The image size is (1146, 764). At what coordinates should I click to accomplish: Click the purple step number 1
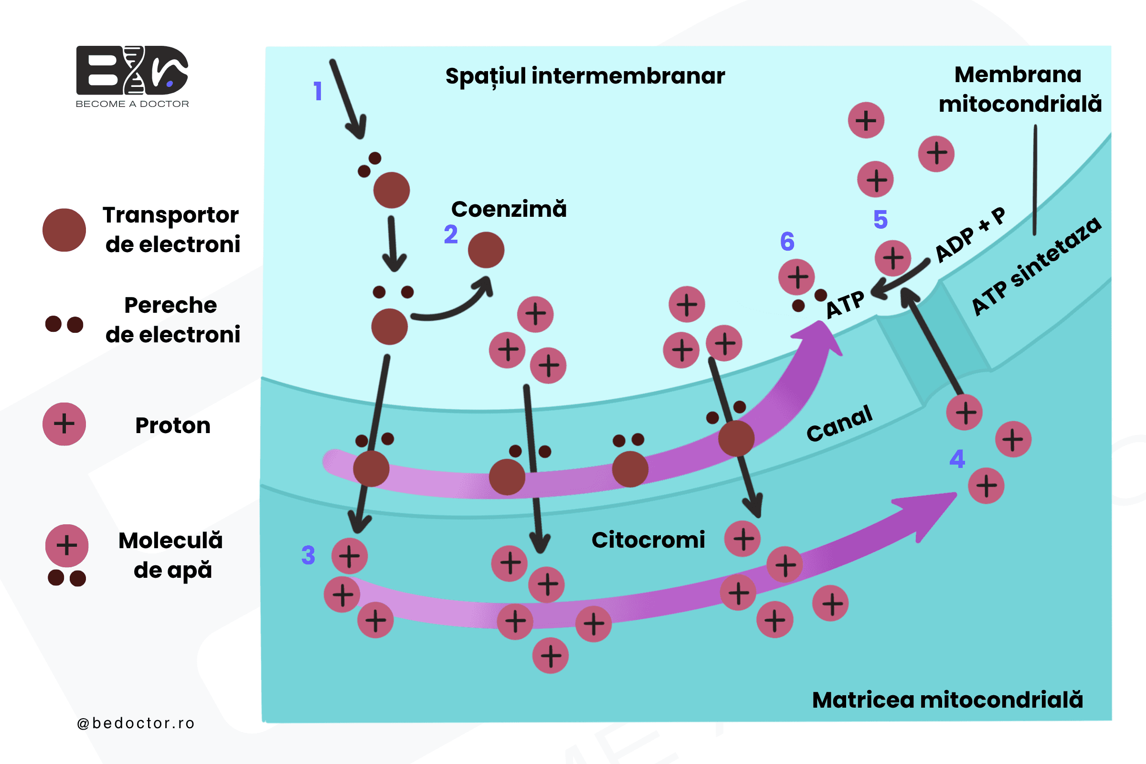(x=318, y=91)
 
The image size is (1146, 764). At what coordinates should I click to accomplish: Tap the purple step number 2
(x=451, y=234)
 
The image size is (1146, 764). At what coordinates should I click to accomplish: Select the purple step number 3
(x=308, y=555)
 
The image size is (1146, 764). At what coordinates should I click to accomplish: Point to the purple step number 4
(x=957, y=458)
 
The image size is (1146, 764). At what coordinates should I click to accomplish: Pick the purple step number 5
(x=881, y=219)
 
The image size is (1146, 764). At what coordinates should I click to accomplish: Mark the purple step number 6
(x=787, y=241)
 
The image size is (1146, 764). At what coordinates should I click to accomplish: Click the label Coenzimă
(x=509, y=209)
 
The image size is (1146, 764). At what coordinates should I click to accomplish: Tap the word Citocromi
(x=648, y=540)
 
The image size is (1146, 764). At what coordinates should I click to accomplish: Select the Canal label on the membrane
(x=839, y=423)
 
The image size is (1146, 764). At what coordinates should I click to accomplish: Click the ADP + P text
(x=970, y=234)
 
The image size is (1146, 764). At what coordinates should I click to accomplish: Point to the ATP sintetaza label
(x=1036, y=266)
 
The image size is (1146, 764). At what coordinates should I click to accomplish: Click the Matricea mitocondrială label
(x=947, y=700)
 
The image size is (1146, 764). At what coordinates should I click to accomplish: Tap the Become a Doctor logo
(x=132, y=76)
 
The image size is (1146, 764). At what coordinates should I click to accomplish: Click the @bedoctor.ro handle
(x=136, y=723)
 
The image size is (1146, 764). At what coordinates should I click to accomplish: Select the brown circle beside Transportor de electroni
(x=64, y=230)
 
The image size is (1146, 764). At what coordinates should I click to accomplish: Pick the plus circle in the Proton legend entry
(x=64, y=424)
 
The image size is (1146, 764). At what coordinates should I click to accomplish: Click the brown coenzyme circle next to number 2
(x=486, y=250)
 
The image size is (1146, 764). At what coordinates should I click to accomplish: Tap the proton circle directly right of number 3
(x=350, y=556)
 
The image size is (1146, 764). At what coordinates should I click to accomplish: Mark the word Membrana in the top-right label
(x=1018, y=74)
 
